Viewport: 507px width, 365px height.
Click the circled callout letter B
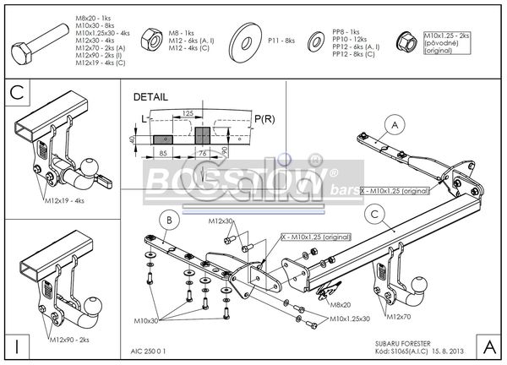click(x=167, y=222)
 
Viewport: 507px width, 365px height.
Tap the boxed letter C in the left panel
click(x=18, y=92)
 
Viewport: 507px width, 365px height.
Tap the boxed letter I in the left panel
click(x=18, y=345)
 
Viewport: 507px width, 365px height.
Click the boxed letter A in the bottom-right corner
click(x=489, y=345)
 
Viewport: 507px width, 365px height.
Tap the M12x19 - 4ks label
click(x=66, y=201)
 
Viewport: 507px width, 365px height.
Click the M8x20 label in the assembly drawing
click(x=341, y=303)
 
